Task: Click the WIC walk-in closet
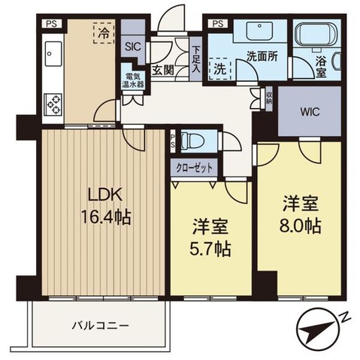[x=310, y=113]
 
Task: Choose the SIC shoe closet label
[x=133, y=46]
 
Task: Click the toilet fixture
[x=194, y=140]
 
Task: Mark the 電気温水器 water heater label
[x=133, y=80]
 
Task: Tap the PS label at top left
[x=51, y=23]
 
